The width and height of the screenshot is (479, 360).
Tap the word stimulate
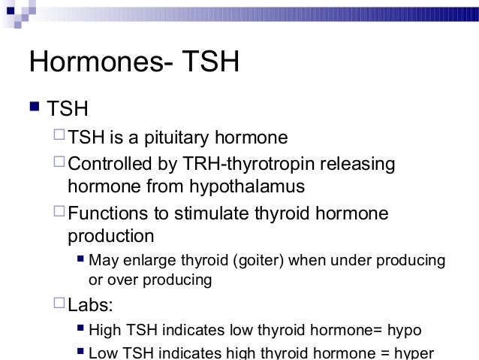point(212,213)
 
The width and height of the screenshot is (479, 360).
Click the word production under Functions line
point(110,236)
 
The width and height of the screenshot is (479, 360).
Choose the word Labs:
point(89,305)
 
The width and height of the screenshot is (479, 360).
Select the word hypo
point(405,329)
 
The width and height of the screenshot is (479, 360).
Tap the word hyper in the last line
point(414,353)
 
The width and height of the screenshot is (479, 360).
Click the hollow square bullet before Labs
point(60,304)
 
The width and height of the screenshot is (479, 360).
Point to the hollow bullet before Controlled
point(60,163)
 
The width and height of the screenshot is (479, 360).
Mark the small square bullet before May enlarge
point(80,261)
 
